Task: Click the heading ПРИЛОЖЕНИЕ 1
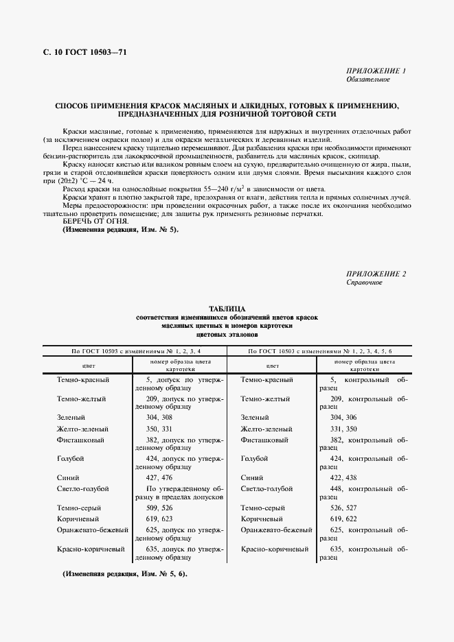[376, 71]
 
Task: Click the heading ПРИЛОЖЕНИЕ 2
[376, 274]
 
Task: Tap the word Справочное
[364, 283]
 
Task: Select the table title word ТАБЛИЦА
[227, 309]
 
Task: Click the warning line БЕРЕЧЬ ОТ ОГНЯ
[87, 222]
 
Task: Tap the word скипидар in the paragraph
[371, 156]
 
